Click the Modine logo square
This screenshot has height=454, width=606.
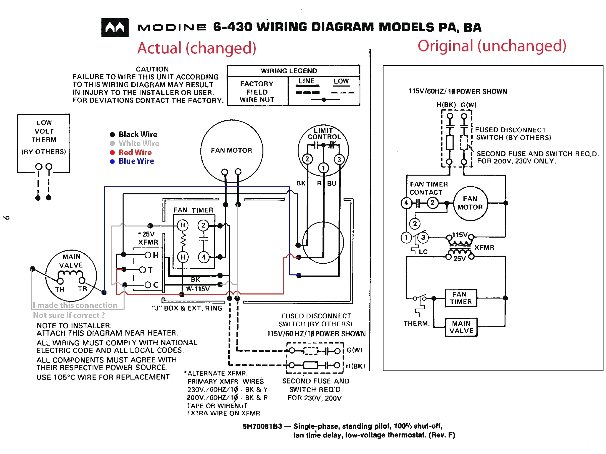tap(115, 27)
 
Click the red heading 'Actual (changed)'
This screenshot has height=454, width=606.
tap(196, 48)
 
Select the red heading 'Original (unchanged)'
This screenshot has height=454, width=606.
tap(491, 46)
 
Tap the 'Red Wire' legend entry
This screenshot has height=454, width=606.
tap(135, 153)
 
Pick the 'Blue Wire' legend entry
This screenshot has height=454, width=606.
tap(136, 161)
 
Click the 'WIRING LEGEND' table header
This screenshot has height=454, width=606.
tap(289, 71)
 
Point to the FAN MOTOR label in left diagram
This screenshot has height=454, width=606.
tap(231, 150)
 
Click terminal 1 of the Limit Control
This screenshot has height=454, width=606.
tap(323, 168)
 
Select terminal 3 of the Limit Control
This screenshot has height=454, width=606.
tap(339, 160)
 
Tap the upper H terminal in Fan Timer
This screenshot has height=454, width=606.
tap(183, 225)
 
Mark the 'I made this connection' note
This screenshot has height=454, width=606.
tap(75, 305)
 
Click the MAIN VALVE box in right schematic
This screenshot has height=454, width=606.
tap(461, 327)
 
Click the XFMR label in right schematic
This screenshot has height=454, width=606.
tap(484, 248)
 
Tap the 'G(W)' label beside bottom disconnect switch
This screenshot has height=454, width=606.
tap(354, 350)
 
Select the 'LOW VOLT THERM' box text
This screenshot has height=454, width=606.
tap(44, 131)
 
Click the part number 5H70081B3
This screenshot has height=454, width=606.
tap(262, 426)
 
